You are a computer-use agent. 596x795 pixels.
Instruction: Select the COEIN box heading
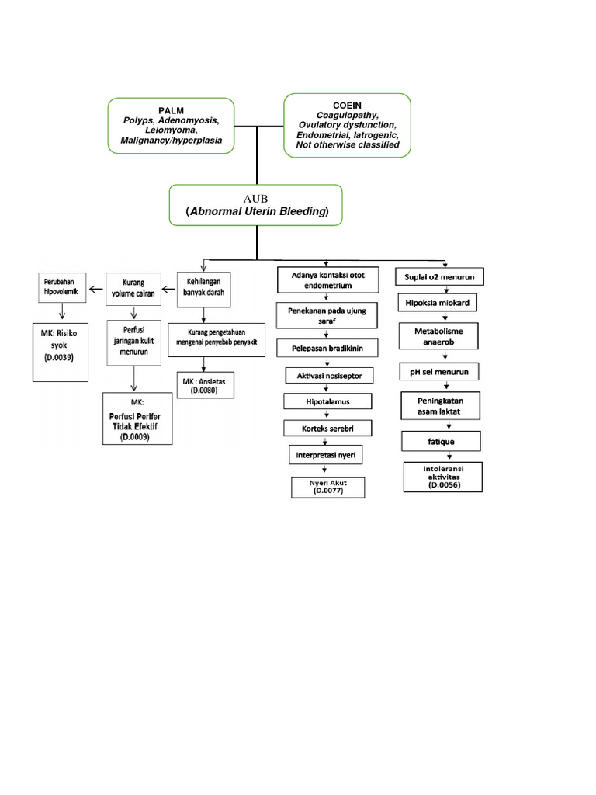[x=347, y=104]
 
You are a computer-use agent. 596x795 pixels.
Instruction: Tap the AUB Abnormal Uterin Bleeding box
[x=256, y=205]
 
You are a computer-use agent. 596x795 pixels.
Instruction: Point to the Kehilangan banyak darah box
[x=205, y=288]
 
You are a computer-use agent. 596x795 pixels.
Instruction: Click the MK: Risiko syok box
[x=61, y=351]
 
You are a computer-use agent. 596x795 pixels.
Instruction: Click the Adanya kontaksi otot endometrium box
[x=327, y=280]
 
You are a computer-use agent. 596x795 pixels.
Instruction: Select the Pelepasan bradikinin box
[x=327, y=349]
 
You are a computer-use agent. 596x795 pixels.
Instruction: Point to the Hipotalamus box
[x=327, y=402]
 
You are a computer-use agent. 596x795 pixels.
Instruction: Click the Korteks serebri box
[x=327, y=429]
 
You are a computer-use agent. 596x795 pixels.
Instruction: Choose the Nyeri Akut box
[x=327, y=487]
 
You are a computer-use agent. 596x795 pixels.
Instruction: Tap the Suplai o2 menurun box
[x=440, y=276]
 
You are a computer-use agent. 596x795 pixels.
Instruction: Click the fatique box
[x=440, y=442]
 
